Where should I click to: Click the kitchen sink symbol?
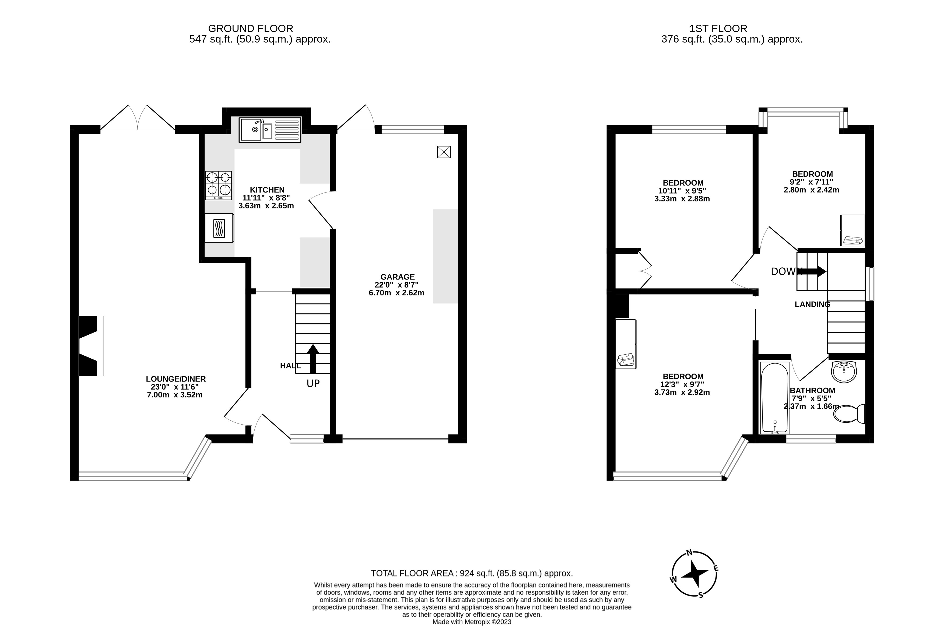[270, 130]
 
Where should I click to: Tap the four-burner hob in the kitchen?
[218, 185]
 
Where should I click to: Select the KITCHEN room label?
[267, 190]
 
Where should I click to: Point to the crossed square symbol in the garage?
[444, 152]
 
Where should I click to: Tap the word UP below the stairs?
[313, 384]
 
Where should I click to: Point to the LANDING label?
[812, 305]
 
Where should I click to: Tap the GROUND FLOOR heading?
[250, 29]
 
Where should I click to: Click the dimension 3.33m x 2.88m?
[682, 199]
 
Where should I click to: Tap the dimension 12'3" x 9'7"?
[682, 384]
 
